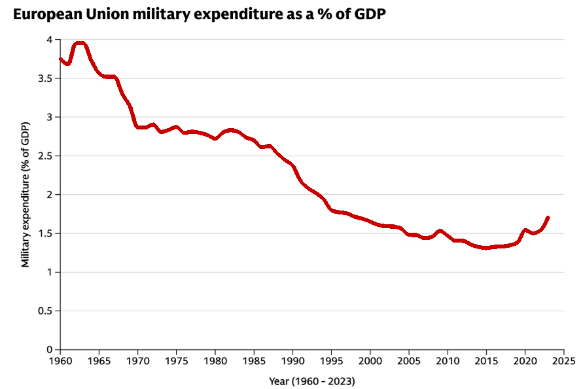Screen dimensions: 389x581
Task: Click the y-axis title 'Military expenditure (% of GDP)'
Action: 26,194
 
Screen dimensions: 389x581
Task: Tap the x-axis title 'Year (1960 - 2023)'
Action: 311,380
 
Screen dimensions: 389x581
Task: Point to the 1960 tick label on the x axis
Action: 60,360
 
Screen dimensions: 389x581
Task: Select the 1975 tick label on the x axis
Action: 176,360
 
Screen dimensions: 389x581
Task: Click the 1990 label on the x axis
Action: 292,360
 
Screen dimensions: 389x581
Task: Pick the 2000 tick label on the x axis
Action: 370,360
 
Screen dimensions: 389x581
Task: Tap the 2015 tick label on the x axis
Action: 486,360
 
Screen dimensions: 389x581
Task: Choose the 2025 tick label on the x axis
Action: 563,360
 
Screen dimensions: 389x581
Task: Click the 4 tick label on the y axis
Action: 49,40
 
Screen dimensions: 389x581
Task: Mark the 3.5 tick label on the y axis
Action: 45,78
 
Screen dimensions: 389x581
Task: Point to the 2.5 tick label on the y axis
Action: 45,156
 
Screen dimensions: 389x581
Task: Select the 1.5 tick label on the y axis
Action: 45,233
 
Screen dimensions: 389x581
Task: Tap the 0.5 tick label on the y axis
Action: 45,311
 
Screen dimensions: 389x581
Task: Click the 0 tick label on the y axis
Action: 49,349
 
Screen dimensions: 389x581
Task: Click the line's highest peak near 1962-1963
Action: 80,44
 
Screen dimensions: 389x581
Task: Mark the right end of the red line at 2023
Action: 548,218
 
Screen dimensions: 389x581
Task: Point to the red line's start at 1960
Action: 61,59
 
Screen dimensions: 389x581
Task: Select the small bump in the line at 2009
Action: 440,231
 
